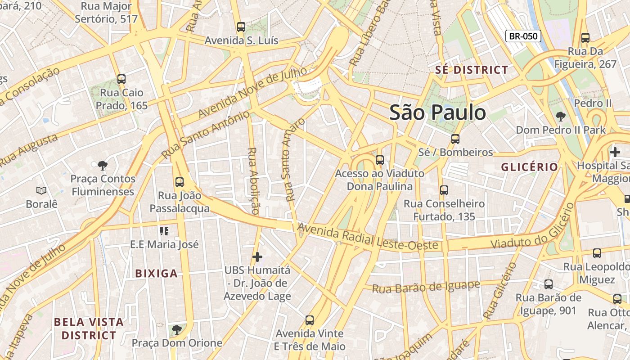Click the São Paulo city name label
click(x=437, y=112)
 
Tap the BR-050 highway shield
click(x=523, y=36)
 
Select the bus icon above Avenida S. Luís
click(x=241, y=27)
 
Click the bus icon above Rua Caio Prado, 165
click(x=121, y=79)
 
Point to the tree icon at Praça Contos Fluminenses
click(x=103, y=165)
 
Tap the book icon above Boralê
click(x=41, y=190)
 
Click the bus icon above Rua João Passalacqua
click(x=180, y=182)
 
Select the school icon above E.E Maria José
click(x=164, y=231)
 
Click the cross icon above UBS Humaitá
click(x=257, y=257)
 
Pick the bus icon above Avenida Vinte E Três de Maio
click(x=310, y=320)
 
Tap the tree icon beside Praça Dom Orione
click(x=177, y=330)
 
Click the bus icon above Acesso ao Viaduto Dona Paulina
click(x=380, y=160)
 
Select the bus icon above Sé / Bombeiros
click(x=455, y=139)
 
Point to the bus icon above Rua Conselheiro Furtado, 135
click(x=444, y=190)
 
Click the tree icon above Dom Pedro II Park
click(x=561, y=117)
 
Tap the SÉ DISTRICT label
click(x=472, y=70)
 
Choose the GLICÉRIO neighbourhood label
click(x=530, y=167)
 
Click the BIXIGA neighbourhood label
click(x=157, y=274)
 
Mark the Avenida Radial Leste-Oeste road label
click(x=367, y=237)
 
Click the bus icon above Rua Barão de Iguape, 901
click(x=549, y=284)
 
